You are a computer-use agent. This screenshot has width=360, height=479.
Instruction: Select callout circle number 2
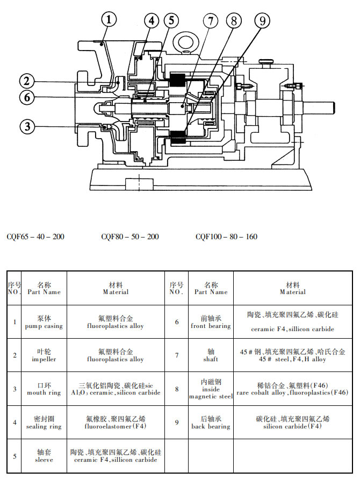pyautogui.click(x=27, y=82)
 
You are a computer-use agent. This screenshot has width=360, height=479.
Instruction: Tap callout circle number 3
pyautogui.click(x=27, y=127)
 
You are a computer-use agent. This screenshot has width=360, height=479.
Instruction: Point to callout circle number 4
pyautogui.click(x=152, y=21)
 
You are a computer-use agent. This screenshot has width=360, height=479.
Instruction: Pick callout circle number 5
pyautogui.click(x=171, y=21)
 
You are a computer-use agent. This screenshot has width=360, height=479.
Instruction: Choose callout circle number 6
pyautogui.click(x=27, y=97)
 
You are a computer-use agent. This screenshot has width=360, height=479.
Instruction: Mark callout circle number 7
pyautogui.click(x=211, y=21)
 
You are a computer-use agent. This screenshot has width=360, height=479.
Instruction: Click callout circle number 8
pyautogui.click(x=234, y=21)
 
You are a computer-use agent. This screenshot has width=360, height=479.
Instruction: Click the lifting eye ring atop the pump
pyautogui.click(x=188, y=41)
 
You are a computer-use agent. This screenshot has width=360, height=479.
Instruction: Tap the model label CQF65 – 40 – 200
pyautogui.click(x=35, y=237)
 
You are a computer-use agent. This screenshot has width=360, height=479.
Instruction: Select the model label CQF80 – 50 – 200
pyautogui.click(x=130, y=237)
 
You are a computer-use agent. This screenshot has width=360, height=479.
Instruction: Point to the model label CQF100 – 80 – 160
pyautogui.click(x=226, y=237)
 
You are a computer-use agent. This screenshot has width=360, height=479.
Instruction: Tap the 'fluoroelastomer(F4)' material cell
pyautogui.click(x=116, y=423)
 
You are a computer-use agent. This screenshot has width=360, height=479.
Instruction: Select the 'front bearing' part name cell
pyautogui.click(x=210, y=323)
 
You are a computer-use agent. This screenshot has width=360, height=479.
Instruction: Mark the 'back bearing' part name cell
pyautogui.click(x=210, y=423)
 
